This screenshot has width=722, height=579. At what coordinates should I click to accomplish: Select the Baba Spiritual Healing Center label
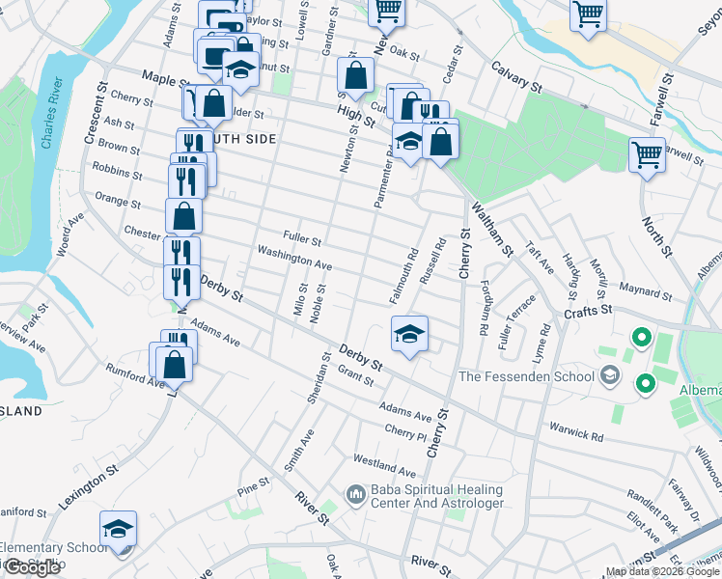coord(437,497)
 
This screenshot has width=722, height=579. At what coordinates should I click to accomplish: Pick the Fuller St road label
coord(302,236)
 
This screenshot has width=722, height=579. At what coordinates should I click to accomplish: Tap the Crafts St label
coord(590,310)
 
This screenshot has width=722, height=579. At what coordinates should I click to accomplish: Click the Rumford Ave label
coord(136,379)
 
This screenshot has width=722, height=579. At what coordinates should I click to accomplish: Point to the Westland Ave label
coord(384,466)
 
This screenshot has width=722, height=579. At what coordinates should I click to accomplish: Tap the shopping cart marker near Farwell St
coord(647,153)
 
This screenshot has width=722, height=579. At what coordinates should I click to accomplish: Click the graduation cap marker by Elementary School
coord(118,529)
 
